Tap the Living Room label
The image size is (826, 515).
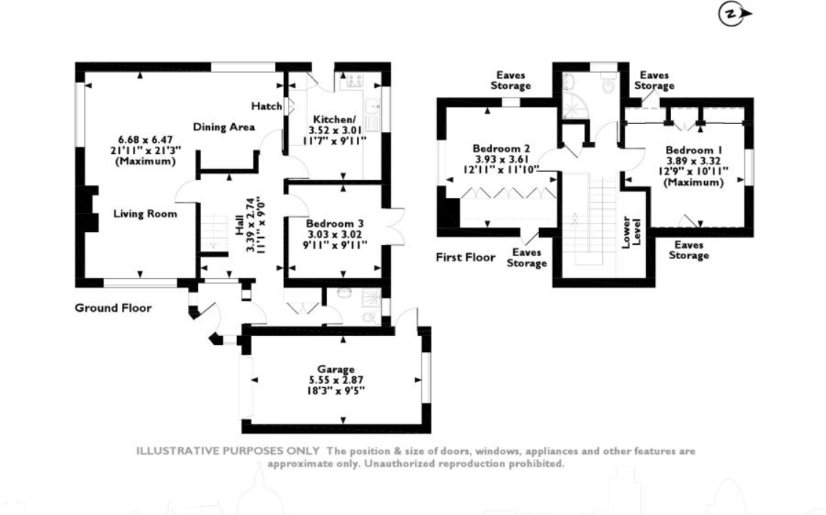pos(145,214)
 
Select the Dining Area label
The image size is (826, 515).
pos(224,127)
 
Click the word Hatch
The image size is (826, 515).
pos(266,106)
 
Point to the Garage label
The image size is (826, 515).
pos(336,369)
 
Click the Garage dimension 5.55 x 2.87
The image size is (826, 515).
pos(336,380)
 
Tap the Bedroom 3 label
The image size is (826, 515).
pos(335,224)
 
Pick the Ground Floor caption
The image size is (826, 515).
pos(113,308)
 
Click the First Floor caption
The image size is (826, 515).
pos(465,257)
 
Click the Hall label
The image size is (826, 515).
pos(239,227)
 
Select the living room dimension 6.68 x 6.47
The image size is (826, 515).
pos(147,139)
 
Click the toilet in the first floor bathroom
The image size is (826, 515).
pos(607,86)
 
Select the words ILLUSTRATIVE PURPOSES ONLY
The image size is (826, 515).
pos(228,451)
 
